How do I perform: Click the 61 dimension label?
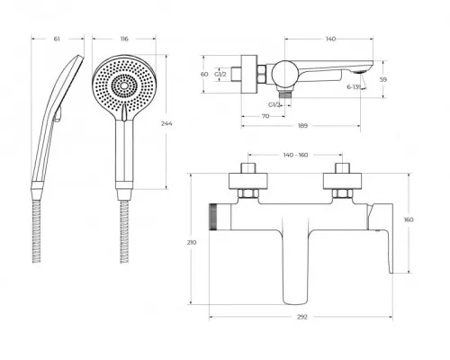[57, 39]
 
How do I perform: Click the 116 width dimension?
[124, 39]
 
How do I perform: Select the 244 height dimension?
[166, 123]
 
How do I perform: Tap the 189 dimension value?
[303, 125]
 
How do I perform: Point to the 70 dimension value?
[265, 116]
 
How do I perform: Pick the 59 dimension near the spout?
[383, 79]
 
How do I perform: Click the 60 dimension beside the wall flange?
[204, 74]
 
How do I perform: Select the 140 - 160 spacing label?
[295, 155]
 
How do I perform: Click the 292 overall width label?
[302, 317]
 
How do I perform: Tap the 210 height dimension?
[192, 242]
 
